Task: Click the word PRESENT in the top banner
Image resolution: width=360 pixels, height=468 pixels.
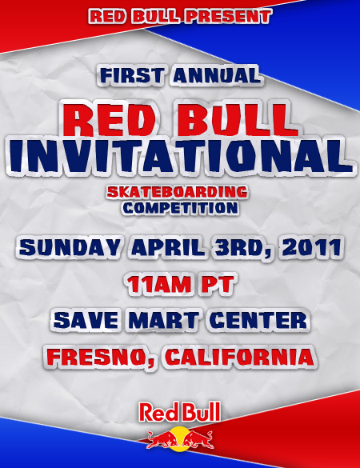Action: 227,17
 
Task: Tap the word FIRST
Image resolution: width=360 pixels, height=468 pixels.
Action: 132,75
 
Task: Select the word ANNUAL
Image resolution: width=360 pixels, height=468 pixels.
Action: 216,75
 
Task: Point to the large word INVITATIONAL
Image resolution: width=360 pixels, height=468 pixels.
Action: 181,156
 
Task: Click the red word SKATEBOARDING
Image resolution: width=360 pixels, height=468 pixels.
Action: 177,192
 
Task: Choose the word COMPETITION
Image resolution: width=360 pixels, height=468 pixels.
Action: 180,208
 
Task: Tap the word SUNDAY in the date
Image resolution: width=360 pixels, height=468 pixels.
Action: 70,247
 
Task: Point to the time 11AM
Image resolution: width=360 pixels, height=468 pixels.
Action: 158,284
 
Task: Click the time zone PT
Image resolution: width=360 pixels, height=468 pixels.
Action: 217,284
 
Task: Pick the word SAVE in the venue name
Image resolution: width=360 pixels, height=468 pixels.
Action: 86,320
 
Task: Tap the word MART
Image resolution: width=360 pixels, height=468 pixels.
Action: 163,320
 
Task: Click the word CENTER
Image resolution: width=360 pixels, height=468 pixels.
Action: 258,320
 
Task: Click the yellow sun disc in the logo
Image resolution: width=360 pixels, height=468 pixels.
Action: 180,438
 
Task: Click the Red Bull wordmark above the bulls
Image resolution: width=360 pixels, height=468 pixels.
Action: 180,412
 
